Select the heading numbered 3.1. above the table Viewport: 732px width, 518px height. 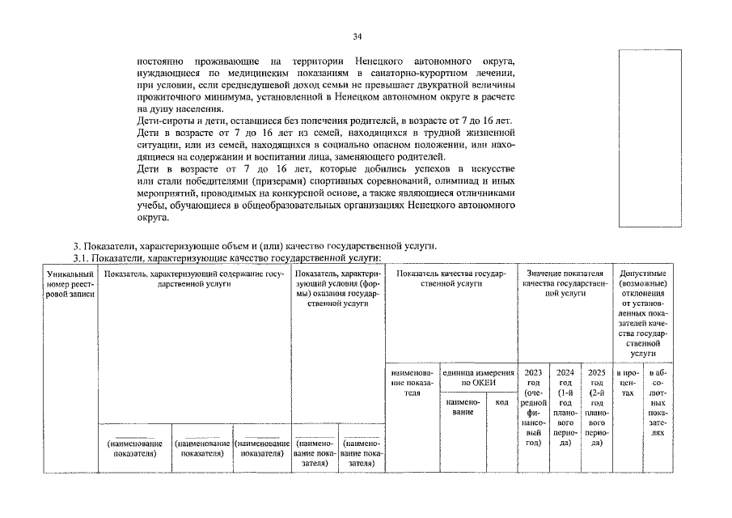[x=227, y=257]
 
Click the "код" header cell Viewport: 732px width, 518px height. [x=501, y=401]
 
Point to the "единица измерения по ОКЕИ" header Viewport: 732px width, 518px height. [x=477, y=377]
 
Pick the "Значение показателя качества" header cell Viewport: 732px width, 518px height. [x=565, y=284]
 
